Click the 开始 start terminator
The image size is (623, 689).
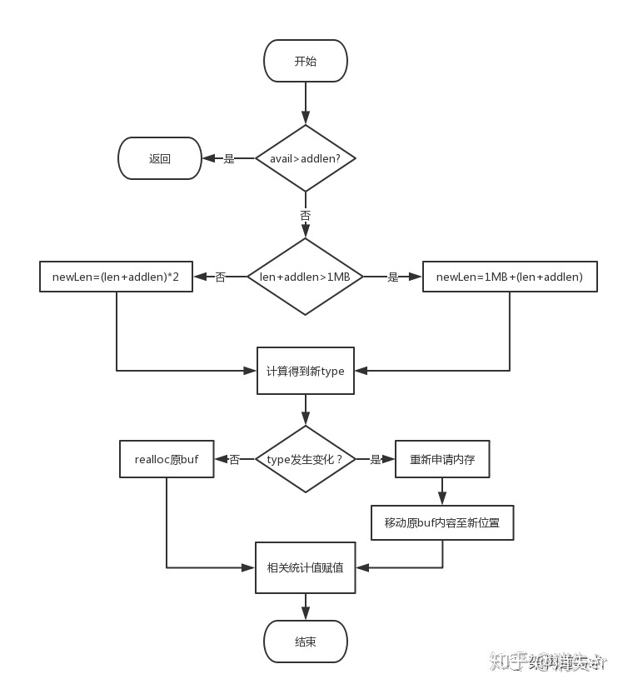(305, 62)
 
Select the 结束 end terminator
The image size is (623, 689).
(305, 642)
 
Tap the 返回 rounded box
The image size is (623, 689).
(160, 158)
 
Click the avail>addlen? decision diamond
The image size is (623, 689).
(305, 158)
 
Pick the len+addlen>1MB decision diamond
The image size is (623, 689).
(305, 277)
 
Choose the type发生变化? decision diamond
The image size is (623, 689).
(305, 459)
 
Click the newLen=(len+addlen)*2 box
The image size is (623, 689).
(116, 277)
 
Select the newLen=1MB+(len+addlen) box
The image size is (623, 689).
(509, 277)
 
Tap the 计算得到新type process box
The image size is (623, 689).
(305, 371)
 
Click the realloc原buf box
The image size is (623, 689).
(167, 459)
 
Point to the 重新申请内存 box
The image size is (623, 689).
(442, 459)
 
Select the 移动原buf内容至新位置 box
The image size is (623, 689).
(442, 522)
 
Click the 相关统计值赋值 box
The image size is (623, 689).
(305, 567)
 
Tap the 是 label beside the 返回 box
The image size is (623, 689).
(229, 158)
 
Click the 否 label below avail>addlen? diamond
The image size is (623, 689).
(305, 215)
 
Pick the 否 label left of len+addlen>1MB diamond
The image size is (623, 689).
(220, 277)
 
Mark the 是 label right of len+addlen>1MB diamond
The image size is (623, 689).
(393, 277)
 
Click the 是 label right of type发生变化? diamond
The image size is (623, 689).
(375, 459)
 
